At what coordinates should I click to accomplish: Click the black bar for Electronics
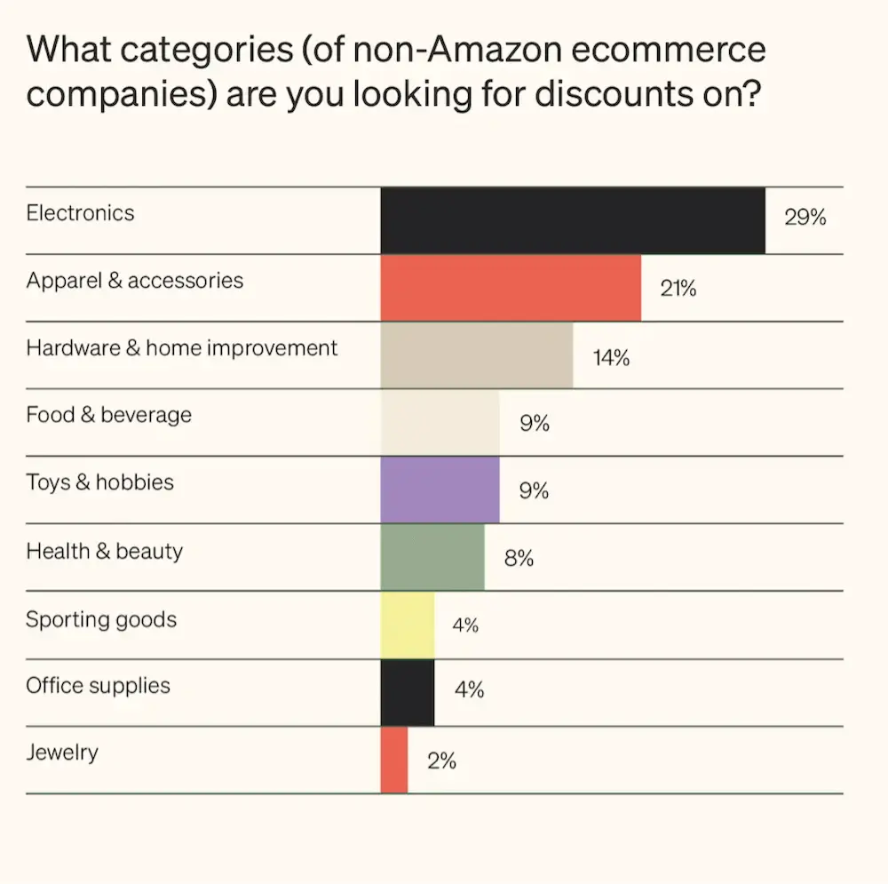[573, 220]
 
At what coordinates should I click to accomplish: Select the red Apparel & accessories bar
[511, 288]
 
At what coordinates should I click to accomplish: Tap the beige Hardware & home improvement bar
[477, 355]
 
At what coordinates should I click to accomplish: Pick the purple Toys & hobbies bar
[440, 490]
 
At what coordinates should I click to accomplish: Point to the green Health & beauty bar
[432, 557]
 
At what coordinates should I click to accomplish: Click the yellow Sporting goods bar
[408, 625]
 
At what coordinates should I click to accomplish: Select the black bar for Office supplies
[408, 693]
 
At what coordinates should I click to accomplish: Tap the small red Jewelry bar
[394, 761]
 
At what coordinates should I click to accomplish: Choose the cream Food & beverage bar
[440, 423]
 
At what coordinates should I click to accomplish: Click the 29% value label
[805, 218]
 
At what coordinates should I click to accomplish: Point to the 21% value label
[678, 288]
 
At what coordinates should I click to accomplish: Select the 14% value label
[611, 358]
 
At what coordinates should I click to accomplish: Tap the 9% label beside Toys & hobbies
[534, 490]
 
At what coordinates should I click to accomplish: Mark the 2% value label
[441, 761]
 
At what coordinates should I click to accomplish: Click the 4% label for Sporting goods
[465, 625]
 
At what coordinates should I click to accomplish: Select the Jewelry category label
[62, 753]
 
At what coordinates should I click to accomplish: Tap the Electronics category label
[80, 213]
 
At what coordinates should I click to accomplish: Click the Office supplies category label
[98, 685]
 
